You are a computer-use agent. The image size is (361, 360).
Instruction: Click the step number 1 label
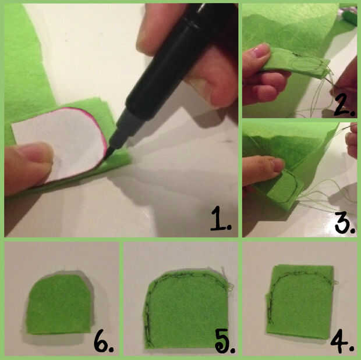click(x=221, y=219)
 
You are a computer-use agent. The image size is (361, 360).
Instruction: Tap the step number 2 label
click(x=345, y=105)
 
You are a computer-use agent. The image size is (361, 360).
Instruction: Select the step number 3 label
click(x=345, y=223)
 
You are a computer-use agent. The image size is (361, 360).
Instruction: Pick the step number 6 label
click(x=104, y=341)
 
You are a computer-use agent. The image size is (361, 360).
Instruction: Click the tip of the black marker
click(x=107, y=159)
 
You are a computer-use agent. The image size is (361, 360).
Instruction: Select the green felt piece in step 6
click(x=61, y=304)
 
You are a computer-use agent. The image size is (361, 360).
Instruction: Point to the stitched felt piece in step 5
click(x=186, y=308)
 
